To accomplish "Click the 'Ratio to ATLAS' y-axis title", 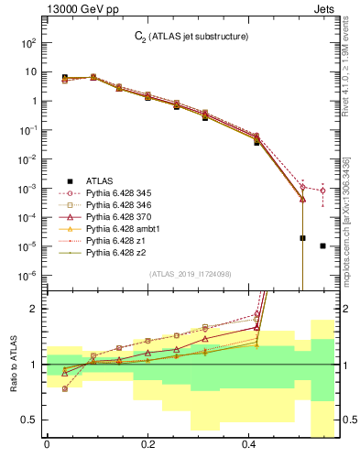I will [14, 364].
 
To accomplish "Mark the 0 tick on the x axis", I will [47, 446].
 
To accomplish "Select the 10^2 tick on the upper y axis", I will [29, 43].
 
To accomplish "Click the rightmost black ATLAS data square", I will [322, 245].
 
